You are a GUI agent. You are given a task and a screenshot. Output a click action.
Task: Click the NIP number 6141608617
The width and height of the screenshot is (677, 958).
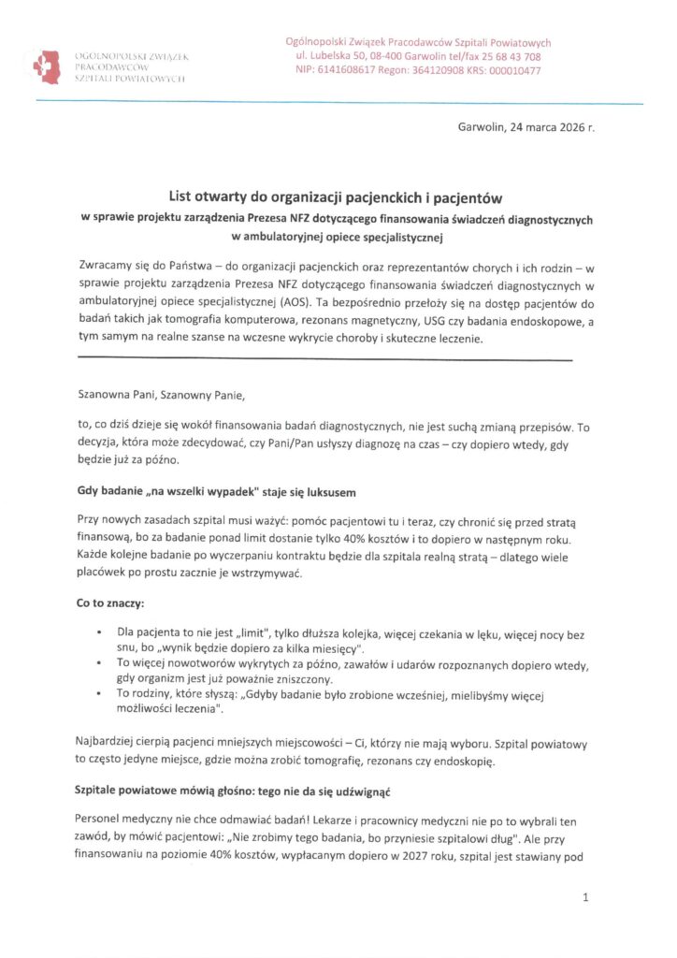(349, 70)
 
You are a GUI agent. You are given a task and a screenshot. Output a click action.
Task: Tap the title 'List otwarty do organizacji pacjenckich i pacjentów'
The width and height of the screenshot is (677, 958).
(336, 198)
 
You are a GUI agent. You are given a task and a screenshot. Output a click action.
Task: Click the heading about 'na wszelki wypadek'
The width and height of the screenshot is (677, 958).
(217, 492)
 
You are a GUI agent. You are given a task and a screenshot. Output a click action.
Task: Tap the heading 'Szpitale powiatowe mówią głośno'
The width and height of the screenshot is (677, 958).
(232, 791)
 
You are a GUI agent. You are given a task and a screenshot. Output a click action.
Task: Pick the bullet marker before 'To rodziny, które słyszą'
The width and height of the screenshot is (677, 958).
(99, 693)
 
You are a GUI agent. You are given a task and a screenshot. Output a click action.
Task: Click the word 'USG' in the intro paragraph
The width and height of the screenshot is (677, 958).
(440, 322)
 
